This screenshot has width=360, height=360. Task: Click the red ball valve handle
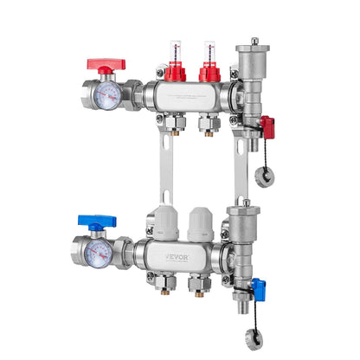pyautogui.click(x=106, y=64)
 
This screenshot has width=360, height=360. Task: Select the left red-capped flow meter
pyautogui.click(x=176, y=68)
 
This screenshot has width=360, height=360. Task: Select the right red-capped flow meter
pyautogui.click(x=208, y=68)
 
